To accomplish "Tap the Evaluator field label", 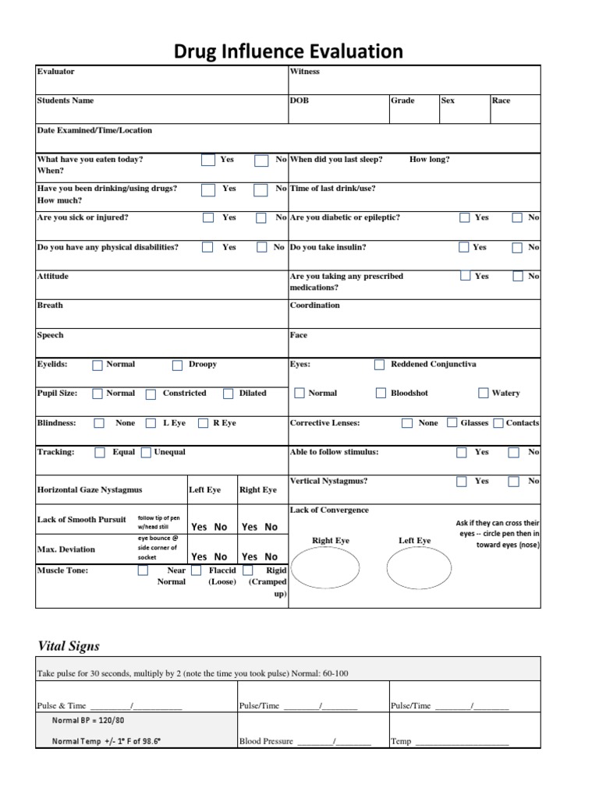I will [56, 72].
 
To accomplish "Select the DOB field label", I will [299, 101].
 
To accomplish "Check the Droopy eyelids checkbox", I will [177, 365].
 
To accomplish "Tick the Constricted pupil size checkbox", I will [151, 394].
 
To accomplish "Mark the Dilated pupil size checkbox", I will [228, 394].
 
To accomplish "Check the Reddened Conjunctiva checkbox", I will [379, 365].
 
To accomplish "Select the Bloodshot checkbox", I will [381, 394].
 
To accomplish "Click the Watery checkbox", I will [484, 394].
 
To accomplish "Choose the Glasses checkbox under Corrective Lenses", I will [452, 423].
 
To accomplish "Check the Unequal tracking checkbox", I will [146, 452].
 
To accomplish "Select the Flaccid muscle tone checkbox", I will [195, 570].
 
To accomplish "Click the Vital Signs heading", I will [69, 646].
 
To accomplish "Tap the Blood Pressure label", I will [266, 741].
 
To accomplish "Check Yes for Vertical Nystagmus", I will [462, 482].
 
